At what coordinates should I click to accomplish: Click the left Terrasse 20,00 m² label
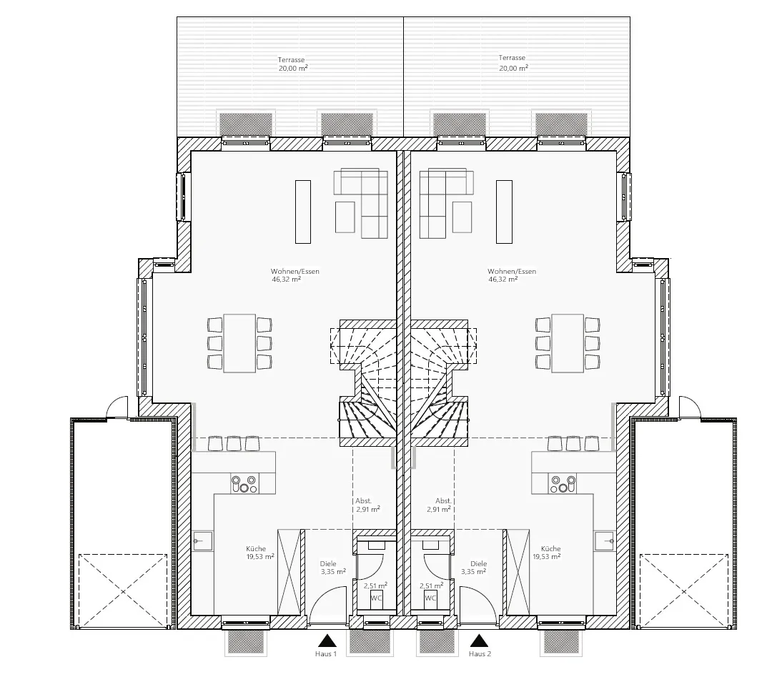[x=292, y=64]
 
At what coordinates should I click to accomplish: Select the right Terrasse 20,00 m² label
[x=513, y=63]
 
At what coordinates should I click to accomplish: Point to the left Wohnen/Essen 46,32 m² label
[x=295, y=275]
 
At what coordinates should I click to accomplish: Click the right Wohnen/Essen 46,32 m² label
[x=511, y=275]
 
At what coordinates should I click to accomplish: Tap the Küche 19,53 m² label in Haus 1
[x=259, y=553]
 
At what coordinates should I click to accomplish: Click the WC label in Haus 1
[x=376, y=598]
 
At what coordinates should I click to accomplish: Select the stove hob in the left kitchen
[x=244, y=483]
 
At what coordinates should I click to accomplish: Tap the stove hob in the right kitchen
[x=563, y=483]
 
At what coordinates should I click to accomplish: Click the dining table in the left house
[x=240, y=343]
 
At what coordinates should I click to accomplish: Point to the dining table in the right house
[x=568, y=343]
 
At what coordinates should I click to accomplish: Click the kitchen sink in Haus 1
[x=203, y=541]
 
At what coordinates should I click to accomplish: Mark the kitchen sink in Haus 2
[x=605, y=541]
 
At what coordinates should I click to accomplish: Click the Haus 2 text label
[x=480, y=653]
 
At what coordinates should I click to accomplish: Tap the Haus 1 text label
[x=326, y=653]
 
